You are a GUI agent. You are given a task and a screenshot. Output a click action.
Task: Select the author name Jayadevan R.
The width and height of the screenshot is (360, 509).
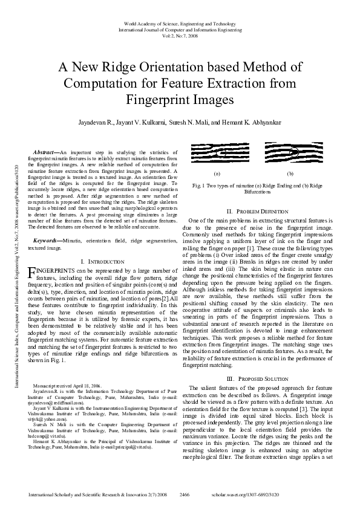[97, 122]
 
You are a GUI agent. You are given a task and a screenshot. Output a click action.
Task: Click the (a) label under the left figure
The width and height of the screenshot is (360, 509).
[217, 173]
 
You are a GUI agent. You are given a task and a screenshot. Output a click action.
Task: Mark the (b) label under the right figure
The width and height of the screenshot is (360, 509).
[290, 173]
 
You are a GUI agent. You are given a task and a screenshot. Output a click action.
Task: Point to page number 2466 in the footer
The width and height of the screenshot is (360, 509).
[185, 494]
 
